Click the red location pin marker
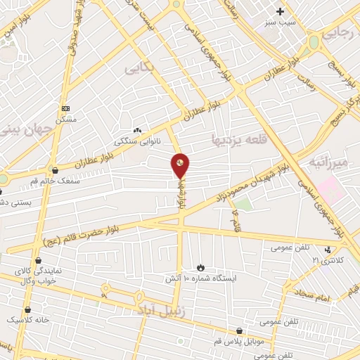[181, 165]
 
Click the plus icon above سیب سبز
[281, 11]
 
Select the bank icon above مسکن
[66, 108]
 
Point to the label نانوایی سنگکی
[137, 141]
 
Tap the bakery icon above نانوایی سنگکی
[137, 130]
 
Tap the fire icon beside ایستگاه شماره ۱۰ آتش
[200, 267]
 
